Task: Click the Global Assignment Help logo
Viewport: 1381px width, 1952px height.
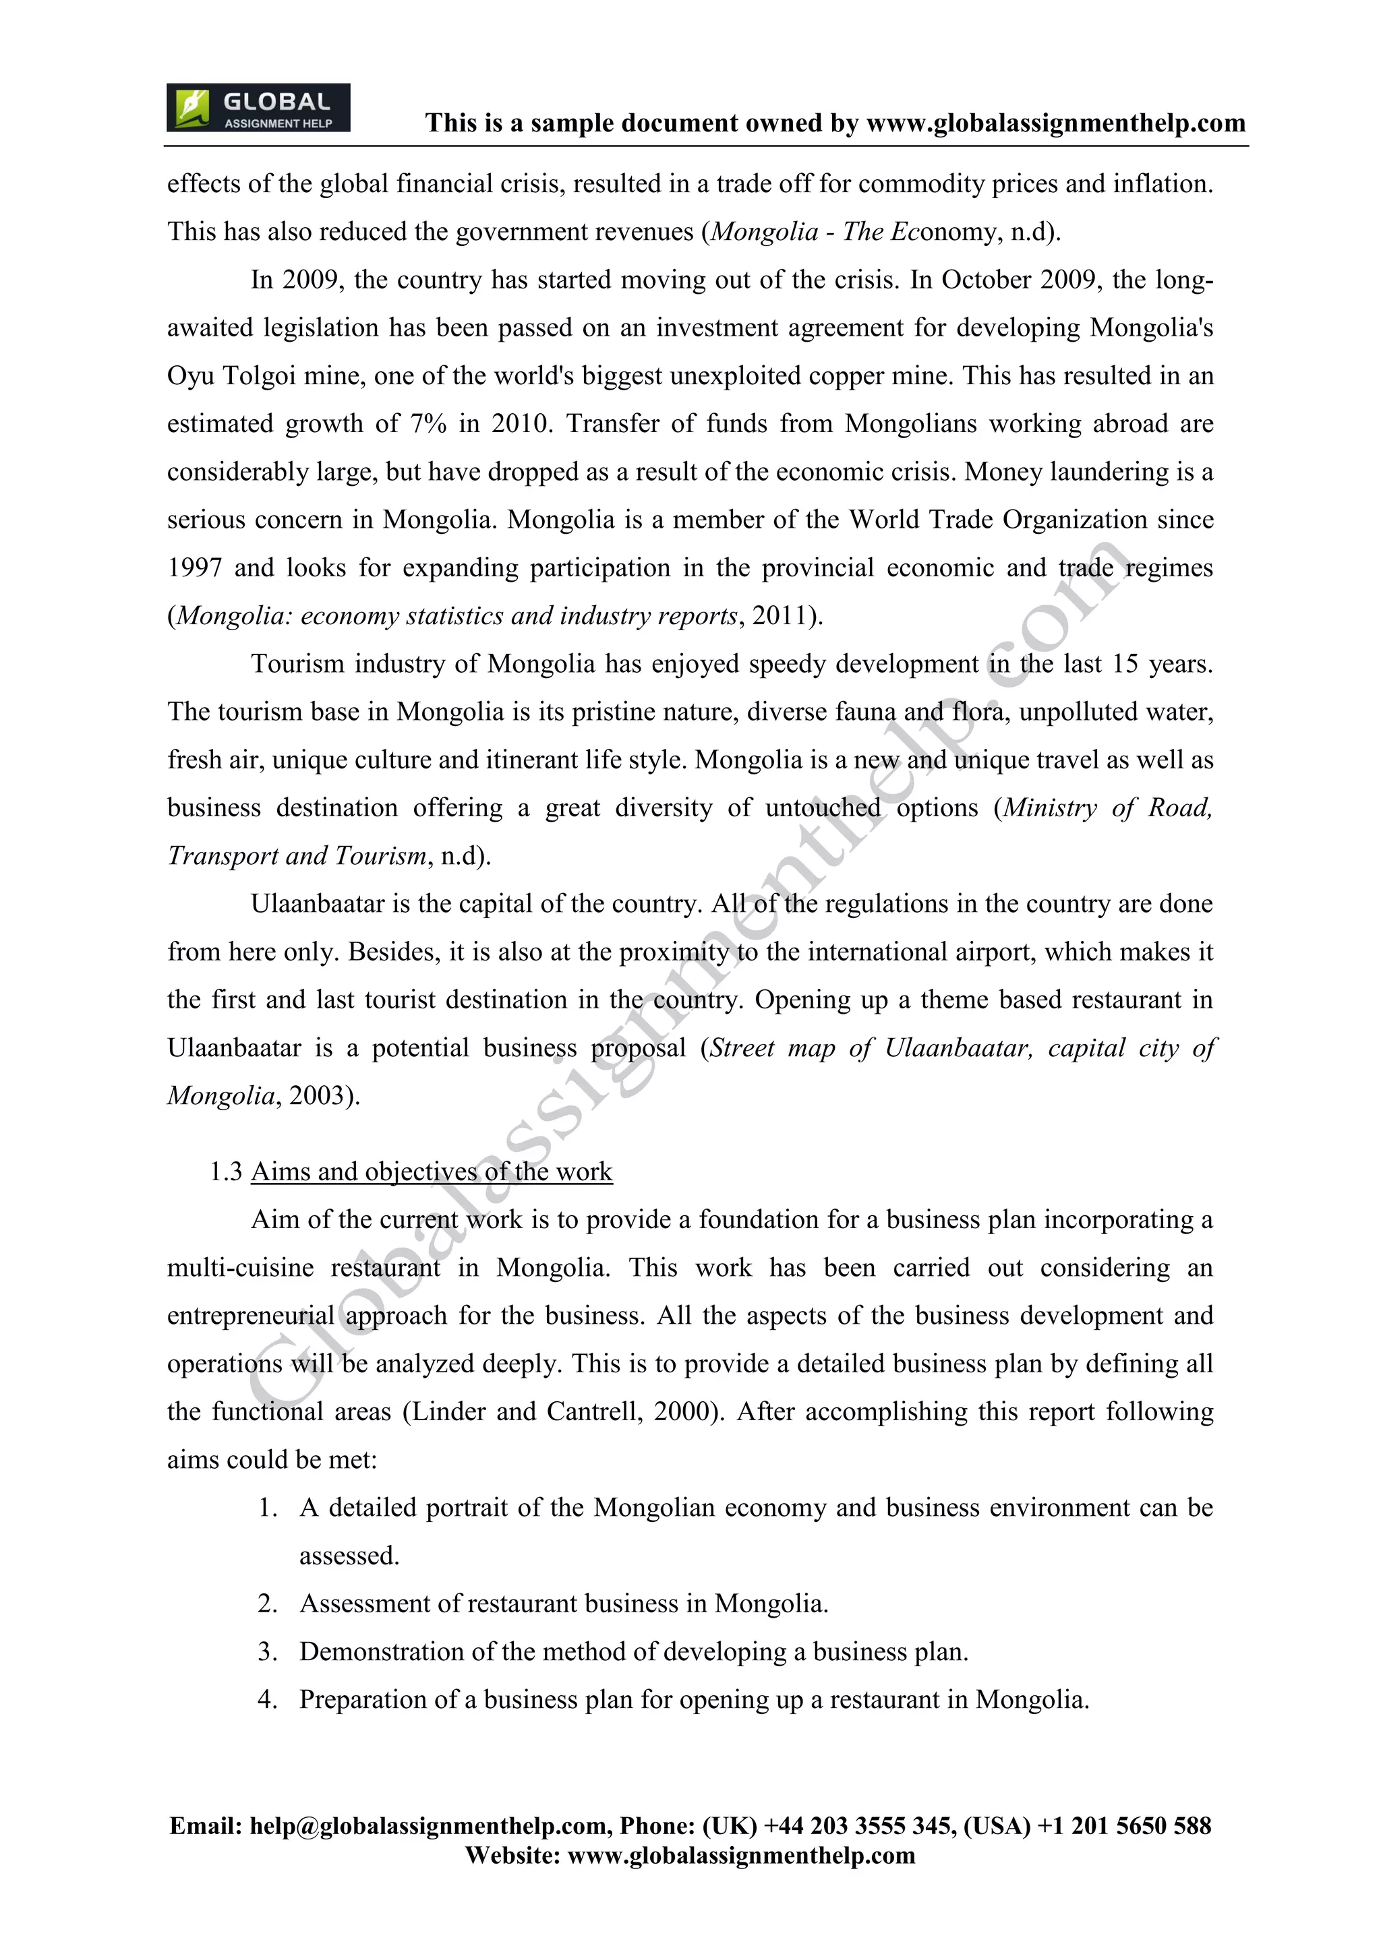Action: point(258,108)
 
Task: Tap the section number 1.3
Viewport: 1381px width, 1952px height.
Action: point(225,1171)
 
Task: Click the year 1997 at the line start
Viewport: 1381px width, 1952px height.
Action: point(194,568)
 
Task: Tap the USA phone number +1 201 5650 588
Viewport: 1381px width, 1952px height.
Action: point(1124,1826)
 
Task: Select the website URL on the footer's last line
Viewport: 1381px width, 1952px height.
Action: point(740,1855)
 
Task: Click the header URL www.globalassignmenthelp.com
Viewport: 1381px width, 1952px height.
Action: point(1055,123)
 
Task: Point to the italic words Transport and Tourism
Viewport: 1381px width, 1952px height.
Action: point(297,856)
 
